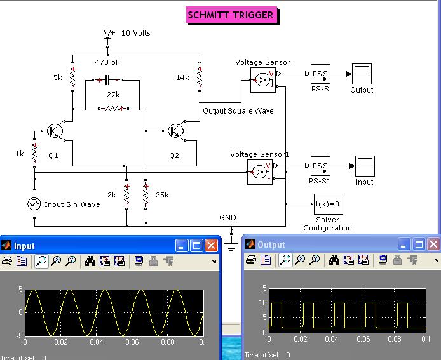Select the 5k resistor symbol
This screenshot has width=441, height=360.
(x=72, y=78)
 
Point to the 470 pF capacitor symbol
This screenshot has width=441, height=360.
(x=107, y=81)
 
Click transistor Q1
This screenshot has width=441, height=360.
(x=56, y=131)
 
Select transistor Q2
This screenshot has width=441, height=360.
(x=177, y=131)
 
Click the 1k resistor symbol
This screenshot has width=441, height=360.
(x=34, y=154)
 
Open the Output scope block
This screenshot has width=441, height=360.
(x=362, y=74)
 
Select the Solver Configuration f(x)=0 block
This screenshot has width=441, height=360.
(x=329, y=204)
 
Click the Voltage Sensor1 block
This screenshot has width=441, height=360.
(x=260, y=172)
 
